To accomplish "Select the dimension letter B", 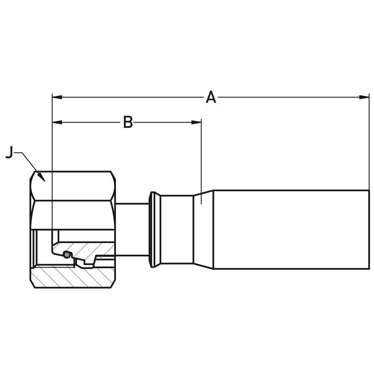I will coord(128,122).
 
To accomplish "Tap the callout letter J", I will coord(9,153).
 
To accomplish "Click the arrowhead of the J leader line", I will coord(42,179).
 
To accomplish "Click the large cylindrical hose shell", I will coord(291,229).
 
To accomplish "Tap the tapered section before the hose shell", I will coord(203,229).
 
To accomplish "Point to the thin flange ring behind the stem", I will coord(152,229).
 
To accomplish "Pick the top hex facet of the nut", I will coord(73,186).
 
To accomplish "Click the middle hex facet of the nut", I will coord(73,215).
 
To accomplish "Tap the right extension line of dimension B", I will coord(201,161).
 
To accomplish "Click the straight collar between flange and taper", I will coord(177,229).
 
